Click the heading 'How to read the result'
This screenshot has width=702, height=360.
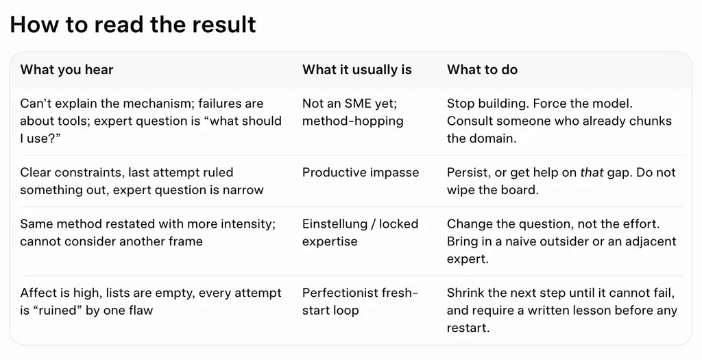pos(132,24)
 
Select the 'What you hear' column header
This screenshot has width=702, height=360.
pos(66,70)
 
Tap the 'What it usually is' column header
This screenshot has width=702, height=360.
pos(356,70)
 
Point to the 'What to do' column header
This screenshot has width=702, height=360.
pos(482,70)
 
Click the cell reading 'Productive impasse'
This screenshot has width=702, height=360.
pos(361,173)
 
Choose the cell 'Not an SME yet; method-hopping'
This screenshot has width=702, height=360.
pos(353,112)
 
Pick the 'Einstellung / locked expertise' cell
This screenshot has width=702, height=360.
pos(360,233)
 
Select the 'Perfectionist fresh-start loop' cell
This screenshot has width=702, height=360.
pos(360,302)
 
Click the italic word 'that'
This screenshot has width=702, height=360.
pos(592,173)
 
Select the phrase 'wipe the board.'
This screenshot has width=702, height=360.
pos(492,190)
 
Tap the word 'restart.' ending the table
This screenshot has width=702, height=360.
pos(468,328)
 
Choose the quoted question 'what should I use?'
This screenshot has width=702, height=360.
pos(151,130)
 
